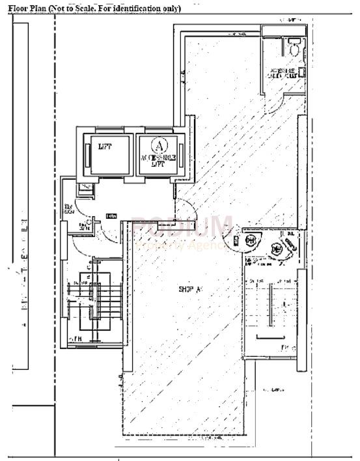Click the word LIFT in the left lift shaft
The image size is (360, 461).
coord(105,147)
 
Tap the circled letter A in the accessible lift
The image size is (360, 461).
coord(157,143)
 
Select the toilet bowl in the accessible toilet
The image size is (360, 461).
coord(294,47)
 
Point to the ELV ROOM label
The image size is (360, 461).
coord(67,210)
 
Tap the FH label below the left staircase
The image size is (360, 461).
coord(76,339)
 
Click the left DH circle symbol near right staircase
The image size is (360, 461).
coord(251,240)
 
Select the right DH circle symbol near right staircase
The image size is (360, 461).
coord(277,247)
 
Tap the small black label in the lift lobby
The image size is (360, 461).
coord(111,216)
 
